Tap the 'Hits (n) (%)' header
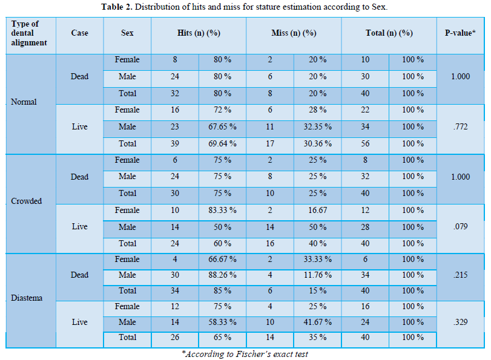[199, 33]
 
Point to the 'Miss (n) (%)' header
[294, 33]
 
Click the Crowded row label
[26, 201]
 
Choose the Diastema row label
[27, 298]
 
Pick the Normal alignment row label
[24, 102]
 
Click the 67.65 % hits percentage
[222, 127]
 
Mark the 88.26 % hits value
[222, 275]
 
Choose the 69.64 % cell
[222, 143]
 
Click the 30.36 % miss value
[317, 143]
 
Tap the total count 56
[365, 143]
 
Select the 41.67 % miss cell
[317, 322]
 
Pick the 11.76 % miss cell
[317, 275]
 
